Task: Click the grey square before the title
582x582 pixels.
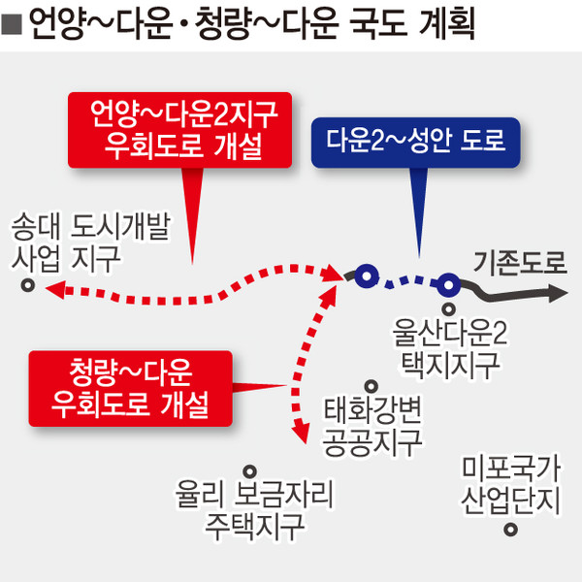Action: pyautogui.click(x=12, y=24)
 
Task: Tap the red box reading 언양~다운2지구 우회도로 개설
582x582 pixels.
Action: pyautogui.click(x=179, y=130)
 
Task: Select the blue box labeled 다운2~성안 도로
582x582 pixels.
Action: pyautogui.click(x=416, y=143)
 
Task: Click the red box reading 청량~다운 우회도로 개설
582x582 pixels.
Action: pyautogui.click(x=130, y=388)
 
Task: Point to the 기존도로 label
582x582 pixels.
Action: pyautogui.click(x=520, y=263)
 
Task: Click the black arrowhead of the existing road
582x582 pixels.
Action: pyautogui.click(x=558, y=293)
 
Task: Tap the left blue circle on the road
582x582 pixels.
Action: pyautogui.click(x=367, y=276)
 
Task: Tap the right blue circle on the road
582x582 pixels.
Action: pyautogui.click(x=449, y=285)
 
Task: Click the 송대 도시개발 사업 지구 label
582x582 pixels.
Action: pyautogui.click(x=90, y=242)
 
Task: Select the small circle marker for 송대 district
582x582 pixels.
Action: pyautogui.click(x=28, y=286)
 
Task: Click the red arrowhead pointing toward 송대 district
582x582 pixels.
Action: pyautogui.click(x=55, y=289)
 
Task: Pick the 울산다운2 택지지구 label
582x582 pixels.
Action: pyautogui.click(x=450, y=349)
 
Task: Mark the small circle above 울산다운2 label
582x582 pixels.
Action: pyautogui.click(x=449, y=308)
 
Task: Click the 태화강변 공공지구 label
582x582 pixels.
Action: pyautogui.click(x=372, y=426)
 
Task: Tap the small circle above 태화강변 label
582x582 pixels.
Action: pyautogui.click(x=372, y=386)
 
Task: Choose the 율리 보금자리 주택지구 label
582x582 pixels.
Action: pyautogui.click(x=254, y=509)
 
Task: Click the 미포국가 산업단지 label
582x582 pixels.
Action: pyautogui.click(x=511, y=485)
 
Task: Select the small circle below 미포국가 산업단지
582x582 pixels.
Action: pyautogui.click(x=511, y=530)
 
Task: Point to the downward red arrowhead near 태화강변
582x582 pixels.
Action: pyautogui.click(x=301, y=433)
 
